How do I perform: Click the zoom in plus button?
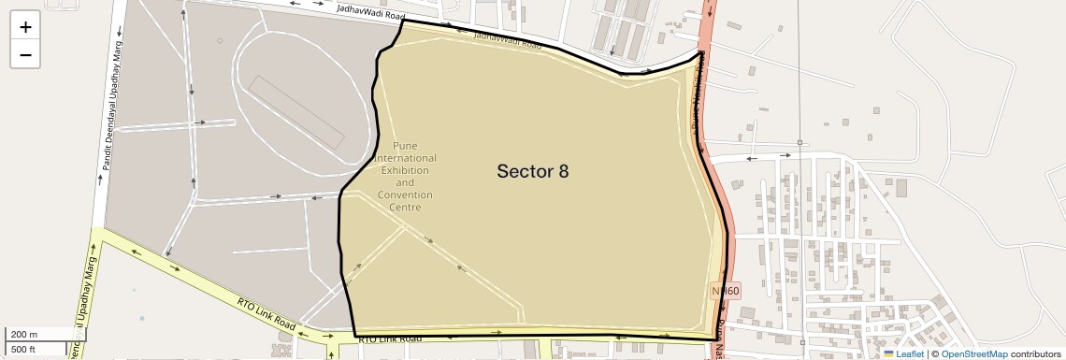(25, 26)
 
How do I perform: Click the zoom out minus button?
(25, 54)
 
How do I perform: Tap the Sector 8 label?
(532, 171)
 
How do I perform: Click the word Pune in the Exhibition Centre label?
(404, 146)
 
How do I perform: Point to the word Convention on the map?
(405, 194)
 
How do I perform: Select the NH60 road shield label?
(726, 291)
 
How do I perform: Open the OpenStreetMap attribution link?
(974, 354)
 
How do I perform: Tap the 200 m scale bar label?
(24, 335)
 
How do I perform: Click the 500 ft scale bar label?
(24, 349)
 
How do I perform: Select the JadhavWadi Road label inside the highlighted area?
(507, 39)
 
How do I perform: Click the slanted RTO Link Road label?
(266, 316)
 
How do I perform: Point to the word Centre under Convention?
(405, 207)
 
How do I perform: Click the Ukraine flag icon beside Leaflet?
(888, 354)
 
